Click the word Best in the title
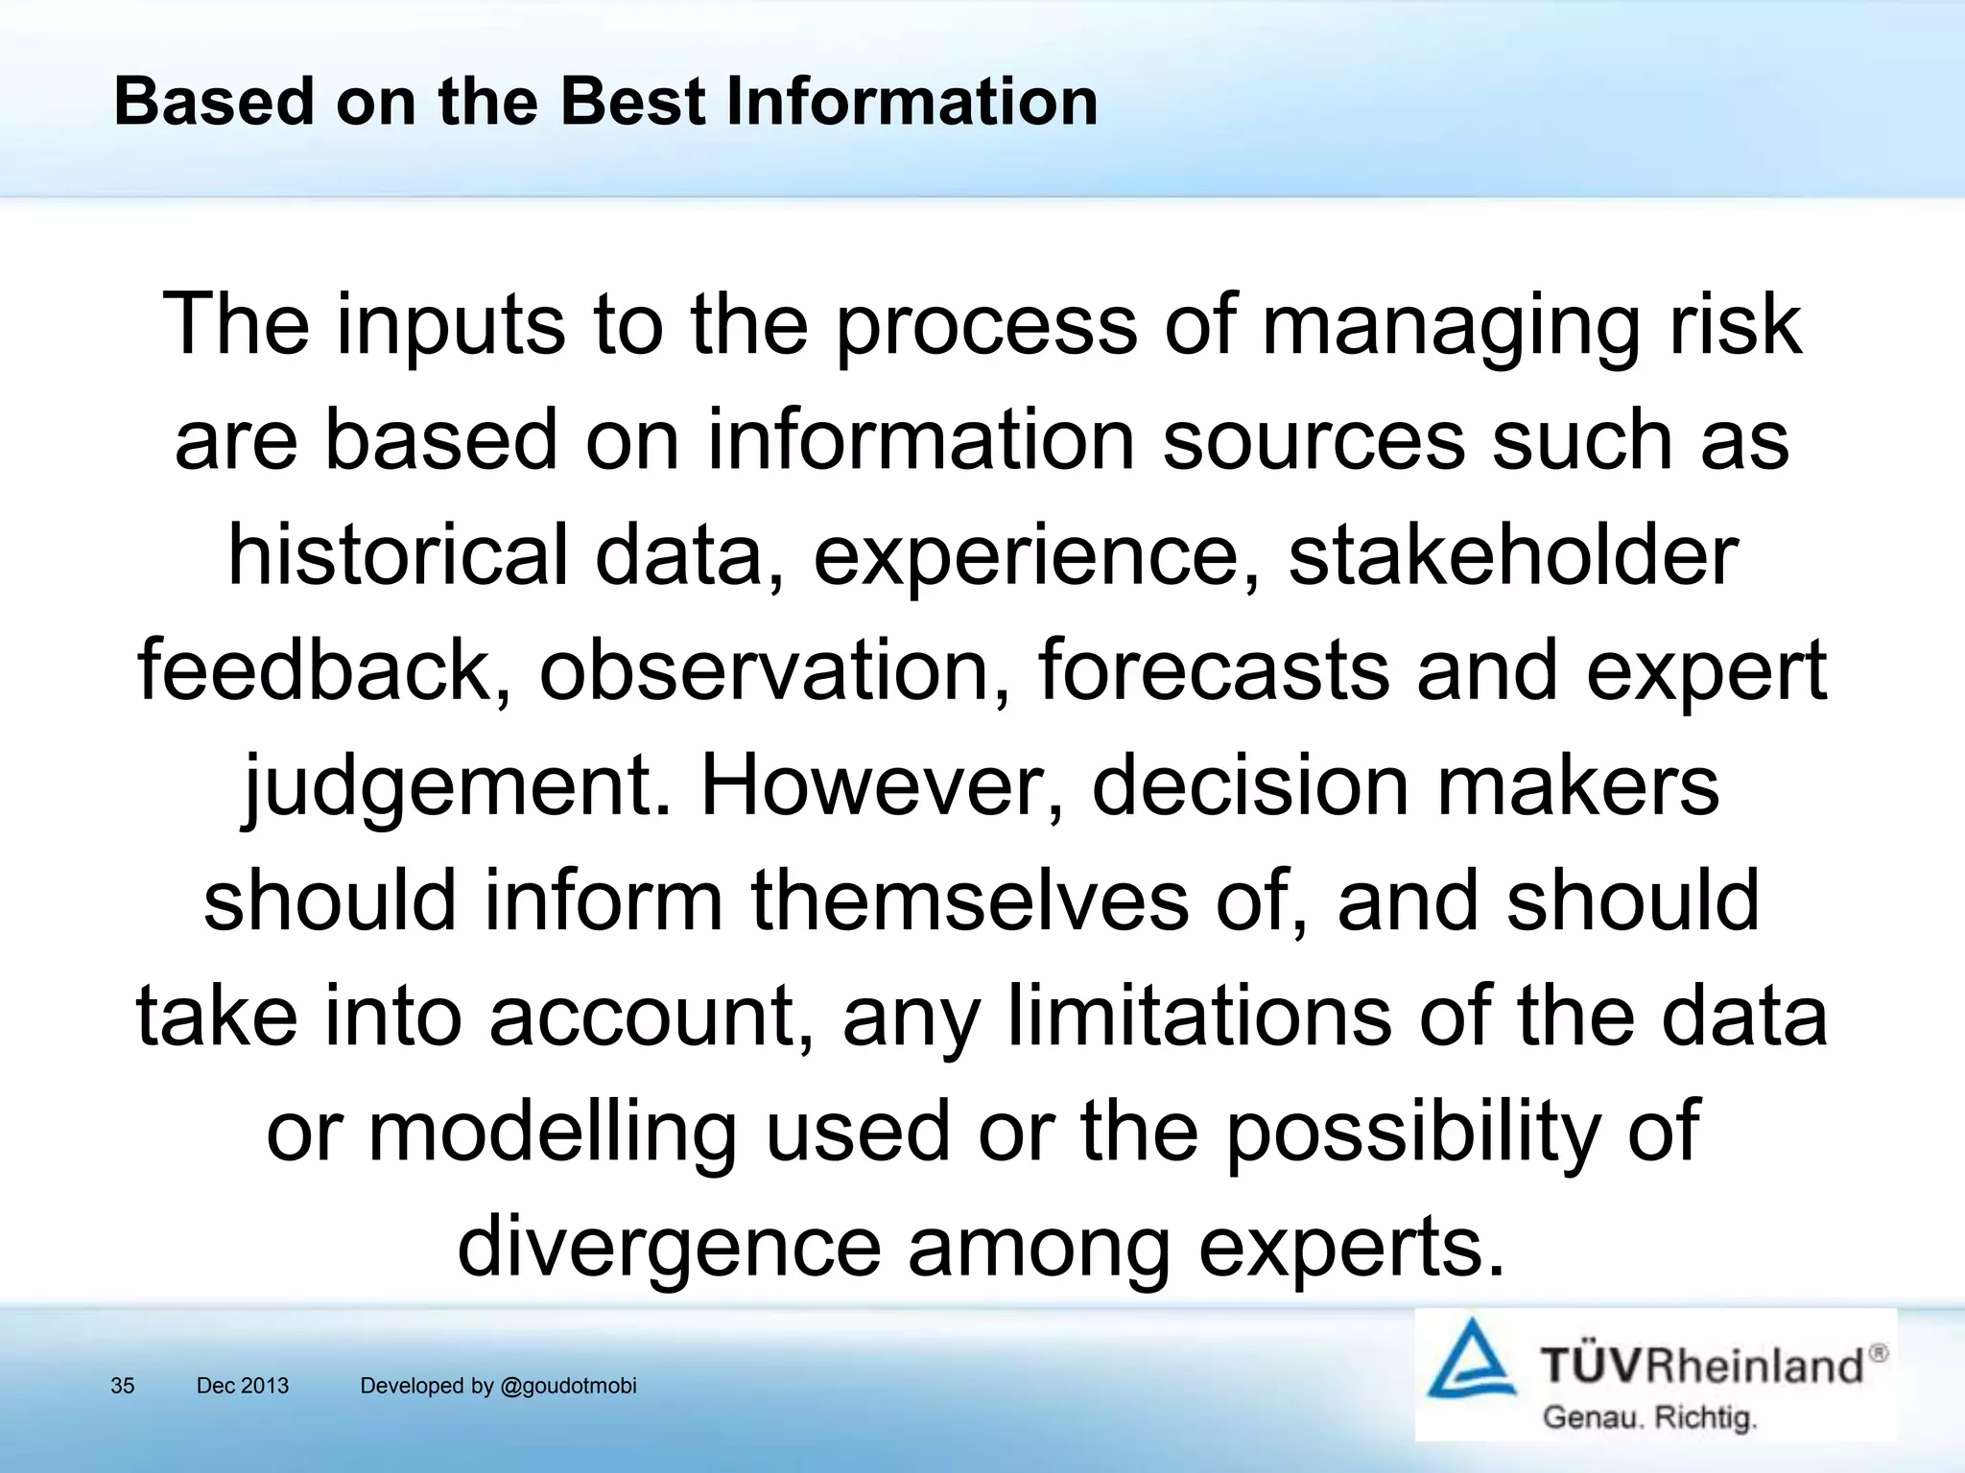(x=632, y=101)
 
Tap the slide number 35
(x=123, y=1386)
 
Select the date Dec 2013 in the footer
(x=242, y=1386)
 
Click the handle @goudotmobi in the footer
(x=566, y=1386)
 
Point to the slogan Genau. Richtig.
(x=1649, y=1417)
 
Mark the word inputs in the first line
(x=451, y=326)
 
